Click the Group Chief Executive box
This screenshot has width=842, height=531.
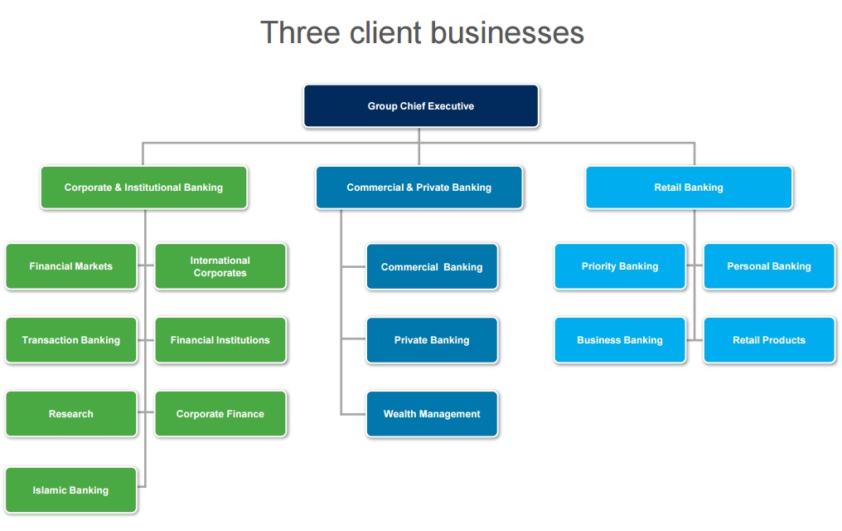click(x=421, y=106)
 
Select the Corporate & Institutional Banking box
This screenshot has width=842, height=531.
click(x=143, y=188)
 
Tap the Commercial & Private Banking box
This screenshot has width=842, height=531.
click(x=419, y=188)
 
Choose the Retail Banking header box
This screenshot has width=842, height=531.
click(x=689, y=188)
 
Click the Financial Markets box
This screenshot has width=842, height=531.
click(x=71, y=266)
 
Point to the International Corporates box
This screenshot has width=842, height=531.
click(x=220, y=266)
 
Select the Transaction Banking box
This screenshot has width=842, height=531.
click(x=71, y=340)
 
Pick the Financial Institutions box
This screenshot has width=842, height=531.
click(x=220, y=340)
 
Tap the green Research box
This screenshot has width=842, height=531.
click(x=71, y=414)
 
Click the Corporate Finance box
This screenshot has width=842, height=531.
click(x=220, y=414)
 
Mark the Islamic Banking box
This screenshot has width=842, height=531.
click(x=71, y=490)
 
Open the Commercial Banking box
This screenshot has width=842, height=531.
click(x=432, y=266)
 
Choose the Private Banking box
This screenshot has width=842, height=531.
click(x=432, y=340)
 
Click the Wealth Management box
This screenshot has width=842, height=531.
click(x=432, y=414)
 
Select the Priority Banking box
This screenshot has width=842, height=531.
click(x=620, y=266)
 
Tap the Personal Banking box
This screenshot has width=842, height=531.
click(x=769, y=266)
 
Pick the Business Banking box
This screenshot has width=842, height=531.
click(x=620, y=340)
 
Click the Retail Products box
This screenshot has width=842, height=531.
click(x=769, y=340)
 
